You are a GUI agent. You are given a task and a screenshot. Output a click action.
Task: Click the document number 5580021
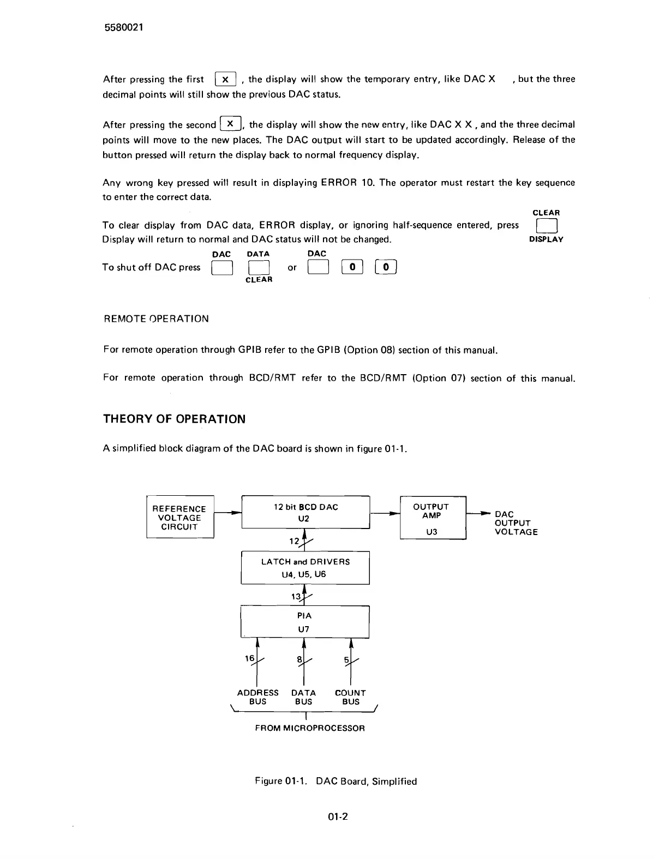(x=124, y=28)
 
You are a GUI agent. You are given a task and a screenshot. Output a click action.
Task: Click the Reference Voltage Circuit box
(x=179, y=518)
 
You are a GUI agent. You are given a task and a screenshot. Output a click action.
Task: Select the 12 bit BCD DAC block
(x=305, y=512)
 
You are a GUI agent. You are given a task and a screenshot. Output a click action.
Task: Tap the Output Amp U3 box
(x=433, y=518)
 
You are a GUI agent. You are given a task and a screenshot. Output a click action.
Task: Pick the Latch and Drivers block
(x=305, y=568)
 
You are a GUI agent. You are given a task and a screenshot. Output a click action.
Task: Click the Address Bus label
(x=257, y=697)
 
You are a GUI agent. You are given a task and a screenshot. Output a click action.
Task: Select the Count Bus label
(x=350, y=697)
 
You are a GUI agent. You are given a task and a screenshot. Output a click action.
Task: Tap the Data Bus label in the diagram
(x=303, y=697)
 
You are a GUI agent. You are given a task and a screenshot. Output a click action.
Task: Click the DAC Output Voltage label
(x=516, y=523)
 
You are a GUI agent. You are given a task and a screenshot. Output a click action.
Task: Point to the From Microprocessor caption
(x=310, y=728)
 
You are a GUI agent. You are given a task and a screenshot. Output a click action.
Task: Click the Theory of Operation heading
(x=174, y=419)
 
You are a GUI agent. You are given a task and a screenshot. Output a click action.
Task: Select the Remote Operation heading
(x=156, y=319)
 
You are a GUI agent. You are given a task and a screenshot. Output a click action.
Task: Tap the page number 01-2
(x=338, y=816)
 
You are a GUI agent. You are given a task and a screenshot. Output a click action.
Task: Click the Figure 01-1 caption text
(x=336, y=781)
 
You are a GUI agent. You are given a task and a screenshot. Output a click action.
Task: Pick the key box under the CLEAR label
(x=546, y=226)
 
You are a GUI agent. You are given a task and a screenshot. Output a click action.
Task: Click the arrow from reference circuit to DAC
(x=228, y=513)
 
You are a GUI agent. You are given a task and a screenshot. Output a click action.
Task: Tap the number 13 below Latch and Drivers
(x=296, y=597)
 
